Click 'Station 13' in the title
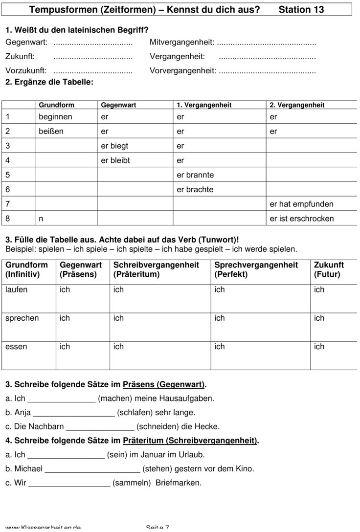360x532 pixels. [301, 9]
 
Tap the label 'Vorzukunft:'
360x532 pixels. [26, 71]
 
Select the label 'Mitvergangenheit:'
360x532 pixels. [182, 43]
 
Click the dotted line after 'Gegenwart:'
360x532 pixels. [93, 43]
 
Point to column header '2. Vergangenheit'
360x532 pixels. [297, 105]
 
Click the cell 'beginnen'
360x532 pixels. [55, 117]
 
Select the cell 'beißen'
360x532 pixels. [51, 132]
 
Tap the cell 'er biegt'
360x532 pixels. [114, 146]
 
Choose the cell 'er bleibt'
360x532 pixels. [115, 160]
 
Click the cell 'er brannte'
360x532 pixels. [195, 175]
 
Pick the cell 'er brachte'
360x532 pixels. [195, 190]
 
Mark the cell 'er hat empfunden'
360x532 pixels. [301, 204]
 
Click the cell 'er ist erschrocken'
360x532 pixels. [302, 219]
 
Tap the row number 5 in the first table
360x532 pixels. [8, 175]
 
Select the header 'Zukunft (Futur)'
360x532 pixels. [329, 269]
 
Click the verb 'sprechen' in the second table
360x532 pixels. [22, 318]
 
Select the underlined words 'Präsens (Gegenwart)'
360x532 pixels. [164, 384]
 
